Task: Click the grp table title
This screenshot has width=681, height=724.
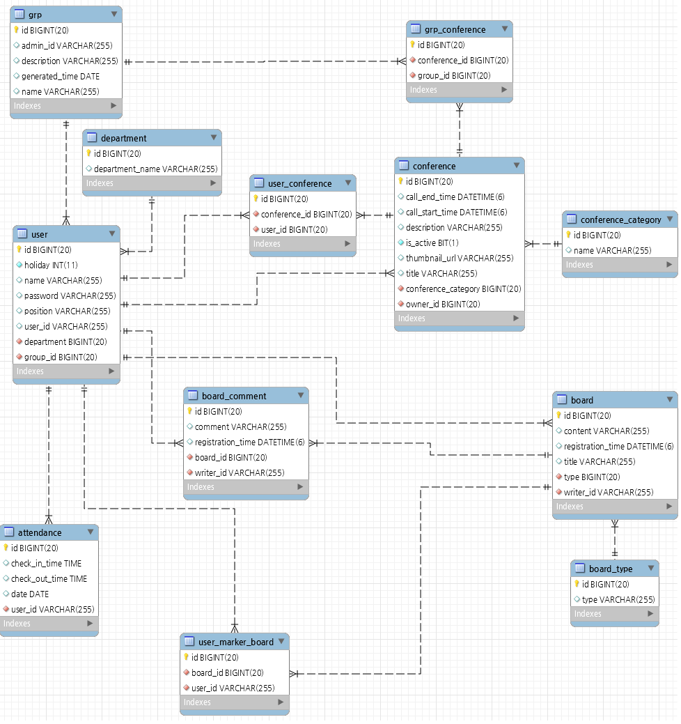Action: tap(35, 14)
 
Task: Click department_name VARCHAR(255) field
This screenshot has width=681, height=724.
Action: tap(155, 169)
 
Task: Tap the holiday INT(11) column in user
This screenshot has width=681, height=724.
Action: tap(51, 265)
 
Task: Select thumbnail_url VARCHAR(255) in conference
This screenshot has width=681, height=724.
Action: tap(460, 258)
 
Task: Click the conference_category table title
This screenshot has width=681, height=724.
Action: tap(620, 219)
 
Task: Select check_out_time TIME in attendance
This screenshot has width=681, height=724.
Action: tap(49, 578)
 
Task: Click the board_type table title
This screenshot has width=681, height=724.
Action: tap(611, 569)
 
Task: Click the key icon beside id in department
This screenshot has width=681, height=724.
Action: tap(88, 153)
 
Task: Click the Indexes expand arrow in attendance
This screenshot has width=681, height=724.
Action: tap(90, 624)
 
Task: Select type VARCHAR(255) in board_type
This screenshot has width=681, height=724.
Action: tap(618, 599)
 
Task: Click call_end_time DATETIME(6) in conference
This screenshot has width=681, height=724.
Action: tap(455, 197)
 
